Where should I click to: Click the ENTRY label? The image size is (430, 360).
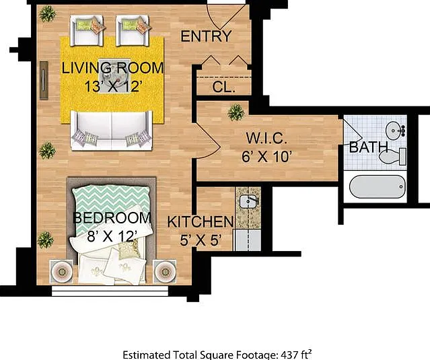point(206,36)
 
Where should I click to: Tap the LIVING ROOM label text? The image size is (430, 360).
point(112,68)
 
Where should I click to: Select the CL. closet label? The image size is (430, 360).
point(223,87)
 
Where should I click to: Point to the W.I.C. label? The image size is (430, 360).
point(266,138)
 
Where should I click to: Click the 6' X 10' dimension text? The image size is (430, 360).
point(266,157)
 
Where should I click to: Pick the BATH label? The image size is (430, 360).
point(368,147)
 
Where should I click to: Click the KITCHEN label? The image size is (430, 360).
point(201,221)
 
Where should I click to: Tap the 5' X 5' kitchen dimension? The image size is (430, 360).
point(201,240)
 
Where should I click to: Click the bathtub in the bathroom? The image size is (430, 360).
point(378,186)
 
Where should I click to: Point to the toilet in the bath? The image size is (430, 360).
point(392,157)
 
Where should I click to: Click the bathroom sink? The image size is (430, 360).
point(395,131)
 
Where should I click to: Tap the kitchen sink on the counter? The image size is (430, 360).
point(249,201)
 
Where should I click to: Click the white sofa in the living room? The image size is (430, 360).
point(111,131)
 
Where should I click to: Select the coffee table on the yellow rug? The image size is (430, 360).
point(114,75)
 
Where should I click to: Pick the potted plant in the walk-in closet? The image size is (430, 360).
point(236,112)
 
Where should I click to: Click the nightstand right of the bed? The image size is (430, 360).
point(165,271)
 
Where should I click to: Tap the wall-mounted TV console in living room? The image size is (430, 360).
point(44,80)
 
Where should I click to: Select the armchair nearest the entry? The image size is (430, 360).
point(133,30)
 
